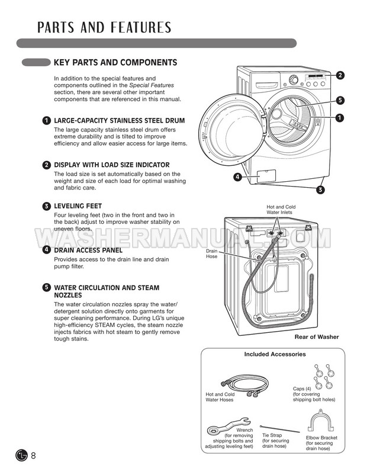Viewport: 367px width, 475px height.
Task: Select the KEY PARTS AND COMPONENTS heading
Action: point(115,62)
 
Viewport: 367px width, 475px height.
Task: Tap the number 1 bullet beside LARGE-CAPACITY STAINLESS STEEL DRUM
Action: point(46,121)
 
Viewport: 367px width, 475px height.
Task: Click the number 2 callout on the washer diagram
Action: point(340,75)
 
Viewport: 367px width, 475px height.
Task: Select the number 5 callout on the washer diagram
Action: point(340,100)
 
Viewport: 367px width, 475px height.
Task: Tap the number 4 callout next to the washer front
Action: point(237,176)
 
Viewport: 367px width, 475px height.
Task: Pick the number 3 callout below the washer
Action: point(320,190)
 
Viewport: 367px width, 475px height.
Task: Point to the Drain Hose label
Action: point(213,254)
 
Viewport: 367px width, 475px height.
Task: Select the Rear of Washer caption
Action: point(317,337)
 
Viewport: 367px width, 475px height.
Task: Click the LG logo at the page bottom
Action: point(21,455)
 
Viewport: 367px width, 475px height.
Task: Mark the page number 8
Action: point(34,455)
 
